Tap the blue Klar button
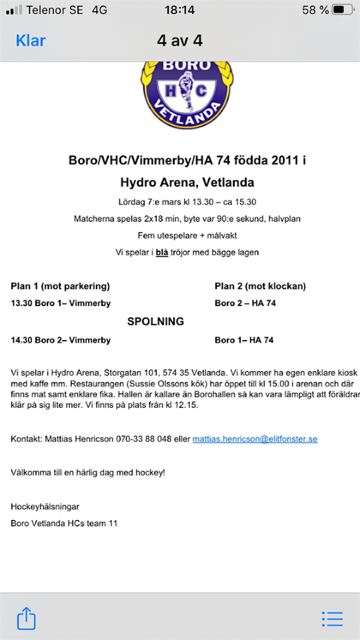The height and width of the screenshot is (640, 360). (31, 41)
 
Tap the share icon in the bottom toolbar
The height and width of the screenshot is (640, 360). (26, 618)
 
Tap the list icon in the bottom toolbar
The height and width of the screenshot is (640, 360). (332, 618)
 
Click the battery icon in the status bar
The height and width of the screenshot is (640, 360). (343, 10)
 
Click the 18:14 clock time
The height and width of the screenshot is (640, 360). (179, 10)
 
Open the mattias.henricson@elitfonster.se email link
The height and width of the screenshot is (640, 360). (254, 439)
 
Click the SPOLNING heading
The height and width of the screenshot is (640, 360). (155, 321)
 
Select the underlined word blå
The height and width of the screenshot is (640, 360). (162, 253)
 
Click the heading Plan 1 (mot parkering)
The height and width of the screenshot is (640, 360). (60, 286)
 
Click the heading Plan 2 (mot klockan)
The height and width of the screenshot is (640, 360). (260, 286)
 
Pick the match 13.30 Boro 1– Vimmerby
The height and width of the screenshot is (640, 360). (61, 304)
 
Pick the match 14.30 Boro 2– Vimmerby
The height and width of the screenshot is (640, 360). (61, 340)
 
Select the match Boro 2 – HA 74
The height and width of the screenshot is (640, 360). (245, 304)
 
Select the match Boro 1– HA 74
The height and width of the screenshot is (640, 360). (244, 340)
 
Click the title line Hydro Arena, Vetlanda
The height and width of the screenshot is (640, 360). (187, 182)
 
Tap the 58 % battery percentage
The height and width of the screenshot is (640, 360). (315, 10)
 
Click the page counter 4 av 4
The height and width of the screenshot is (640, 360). (179, 41)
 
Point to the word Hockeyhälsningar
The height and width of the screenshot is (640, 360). (45, 507)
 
